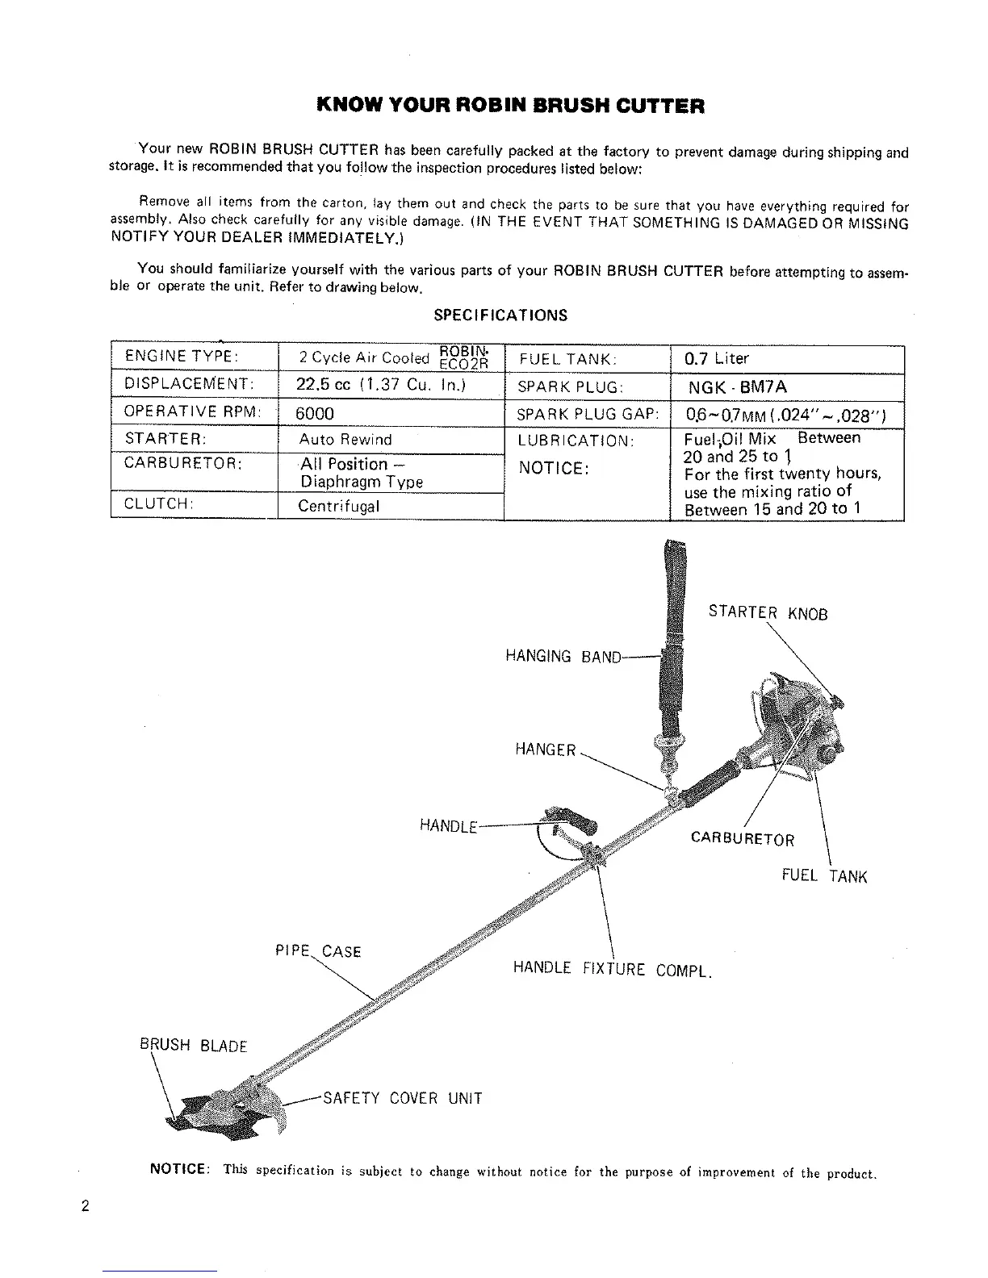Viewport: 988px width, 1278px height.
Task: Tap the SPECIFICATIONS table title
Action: click(500, 315)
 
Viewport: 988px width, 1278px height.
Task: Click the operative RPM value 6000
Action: click(314, 414)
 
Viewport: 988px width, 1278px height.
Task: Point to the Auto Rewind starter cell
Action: click(345, 440)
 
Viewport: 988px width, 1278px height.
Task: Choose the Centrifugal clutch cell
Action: click(338, 507)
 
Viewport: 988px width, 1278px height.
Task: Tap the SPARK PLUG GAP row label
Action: click(588, 415)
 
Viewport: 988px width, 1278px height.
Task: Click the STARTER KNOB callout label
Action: click(768, 612)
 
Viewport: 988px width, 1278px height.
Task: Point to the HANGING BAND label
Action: click(563, 657)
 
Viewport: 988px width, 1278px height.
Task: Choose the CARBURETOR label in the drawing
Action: click(743, 840)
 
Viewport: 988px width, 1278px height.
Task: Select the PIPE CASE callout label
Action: click(318, 951)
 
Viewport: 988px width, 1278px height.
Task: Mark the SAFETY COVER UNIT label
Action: click(402, 1098)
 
